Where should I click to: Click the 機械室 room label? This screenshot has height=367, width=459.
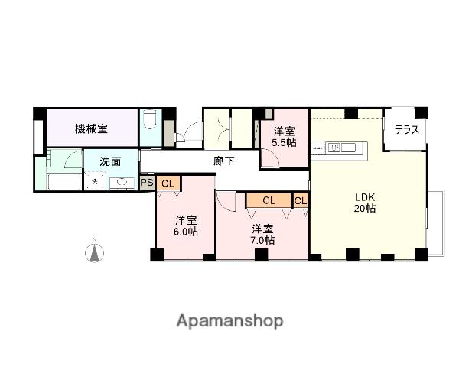pos(91,129)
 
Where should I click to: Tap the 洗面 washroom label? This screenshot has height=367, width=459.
pos(111,161)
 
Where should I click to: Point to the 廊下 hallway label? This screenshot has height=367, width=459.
pos(223,161)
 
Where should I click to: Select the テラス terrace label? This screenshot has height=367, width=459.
pos(406,130)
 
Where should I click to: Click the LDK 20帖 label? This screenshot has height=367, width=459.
pos(364,200)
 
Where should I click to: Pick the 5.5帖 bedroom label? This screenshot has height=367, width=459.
pos(284,137)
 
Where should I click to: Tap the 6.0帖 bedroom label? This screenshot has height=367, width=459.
pos(185,224)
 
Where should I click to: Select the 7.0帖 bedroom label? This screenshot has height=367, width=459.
pos(262,233)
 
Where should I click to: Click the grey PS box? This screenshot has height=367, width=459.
pos(148,183)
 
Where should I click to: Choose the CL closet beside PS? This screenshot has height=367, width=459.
pos(168,183)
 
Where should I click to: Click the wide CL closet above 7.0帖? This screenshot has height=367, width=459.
pos(269,200)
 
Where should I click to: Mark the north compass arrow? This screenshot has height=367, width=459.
pos(94,252)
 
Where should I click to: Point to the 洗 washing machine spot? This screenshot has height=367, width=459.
pos(95,181)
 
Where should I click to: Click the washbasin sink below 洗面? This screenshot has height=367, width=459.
pos(120,182)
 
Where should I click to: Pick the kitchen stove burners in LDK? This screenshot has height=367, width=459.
pos(336,147)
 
